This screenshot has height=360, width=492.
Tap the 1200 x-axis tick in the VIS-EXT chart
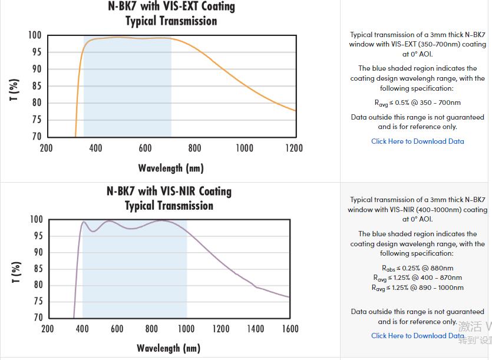tap(294, 148)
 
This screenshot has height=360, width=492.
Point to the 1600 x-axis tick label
tap(290, 329)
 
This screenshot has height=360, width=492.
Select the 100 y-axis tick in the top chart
tap(35, 35)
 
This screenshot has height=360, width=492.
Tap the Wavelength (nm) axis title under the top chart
tap(171, 169)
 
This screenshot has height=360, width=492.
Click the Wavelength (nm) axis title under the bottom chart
tap(169, 348)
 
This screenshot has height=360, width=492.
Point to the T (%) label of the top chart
tap(15, 90)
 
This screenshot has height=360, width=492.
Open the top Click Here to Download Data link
tap(417, 141)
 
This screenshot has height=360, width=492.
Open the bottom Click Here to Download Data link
tap(417, 336)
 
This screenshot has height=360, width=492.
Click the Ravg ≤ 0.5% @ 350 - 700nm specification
tap(417, 103)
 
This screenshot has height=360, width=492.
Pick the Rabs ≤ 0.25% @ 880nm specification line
tap(417, 268)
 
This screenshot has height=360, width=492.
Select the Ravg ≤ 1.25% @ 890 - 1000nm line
tap(417, 288)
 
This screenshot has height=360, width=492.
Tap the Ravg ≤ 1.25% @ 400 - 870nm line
tap(417, 278)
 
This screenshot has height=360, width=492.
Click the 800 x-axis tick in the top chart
tap(194, 148)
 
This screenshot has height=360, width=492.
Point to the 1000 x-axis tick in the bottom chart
tap(186, 329)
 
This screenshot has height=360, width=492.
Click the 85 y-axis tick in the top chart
tap(36, 86)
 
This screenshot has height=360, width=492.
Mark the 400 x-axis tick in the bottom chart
tap(82, 329)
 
